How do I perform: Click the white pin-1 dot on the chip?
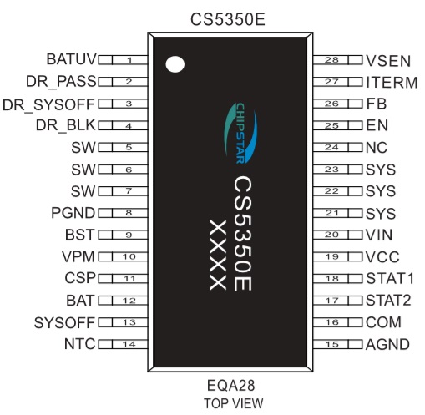click(x=175, y=64)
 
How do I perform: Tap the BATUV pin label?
click(x=71, y=59)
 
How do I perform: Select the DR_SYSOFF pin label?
click(x=48, y=105)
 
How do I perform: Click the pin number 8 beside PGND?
click(x=129, y=213)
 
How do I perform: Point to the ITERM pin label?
click(x=392, y=83)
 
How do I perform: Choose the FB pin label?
click(x=377, y=104)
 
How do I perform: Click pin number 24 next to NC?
click(x=331, y=147)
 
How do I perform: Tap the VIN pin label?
click(x=379, y=235)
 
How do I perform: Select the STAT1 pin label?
click(x=390, y=278)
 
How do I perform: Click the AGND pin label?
click(x=387, y=345)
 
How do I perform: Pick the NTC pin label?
click(x=80, y=344)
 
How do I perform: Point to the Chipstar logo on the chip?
click(x=240, y=133)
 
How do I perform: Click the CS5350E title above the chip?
click(x=228, y=19)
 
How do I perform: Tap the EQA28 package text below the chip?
click(x=230, y=386)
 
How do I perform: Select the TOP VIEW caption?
click(x=233, y=403)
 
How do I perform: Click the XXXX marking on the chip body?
click(x=218, y=255)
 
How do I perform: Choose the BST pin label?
click(x=80, y=235)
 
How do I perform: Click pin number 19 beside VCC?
click(x=331, y=256)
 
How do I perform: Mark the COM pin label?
click(x=383, y=322)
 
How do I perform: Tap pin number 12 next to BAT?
click(x=129, y=301)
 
